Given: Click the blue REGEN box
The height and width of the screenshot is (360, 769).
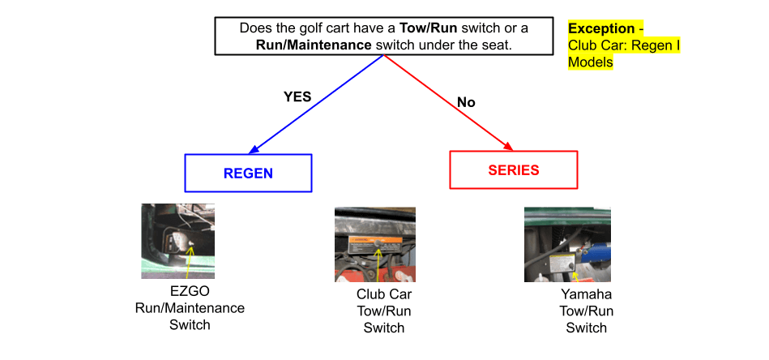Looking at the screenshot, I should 248,174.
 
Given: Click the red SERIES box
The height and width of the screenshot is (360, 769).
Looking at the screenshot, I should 513,170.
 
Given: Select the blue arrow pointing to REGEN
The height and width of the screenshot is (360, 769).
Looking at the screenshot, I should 316,103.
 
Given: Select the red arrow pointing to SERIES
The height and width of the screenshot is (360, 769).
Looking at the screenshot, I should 447,103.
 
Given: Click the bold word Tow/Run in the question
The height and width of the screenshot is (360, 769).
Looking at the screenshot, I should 429,28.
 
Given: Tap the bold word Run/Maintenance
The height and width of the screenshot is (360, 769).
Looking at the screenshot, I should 314,45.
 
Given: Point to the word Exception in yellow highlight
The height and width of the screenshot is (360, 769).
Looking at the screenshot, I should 600,28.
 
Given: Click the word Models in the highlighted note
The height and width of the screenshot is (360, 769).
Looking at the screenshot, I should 590,62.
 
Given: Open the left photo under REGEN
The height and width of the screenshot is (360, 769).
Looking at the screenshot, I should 177,241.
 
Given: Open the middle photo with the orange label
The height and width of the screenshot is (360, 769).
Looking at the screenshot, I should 374,244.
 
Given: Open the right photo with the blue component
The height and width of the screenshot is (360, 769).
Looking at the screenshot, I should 567,244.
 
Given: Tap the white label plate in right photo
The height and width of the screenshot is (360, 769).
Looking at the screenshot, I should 560,264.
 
